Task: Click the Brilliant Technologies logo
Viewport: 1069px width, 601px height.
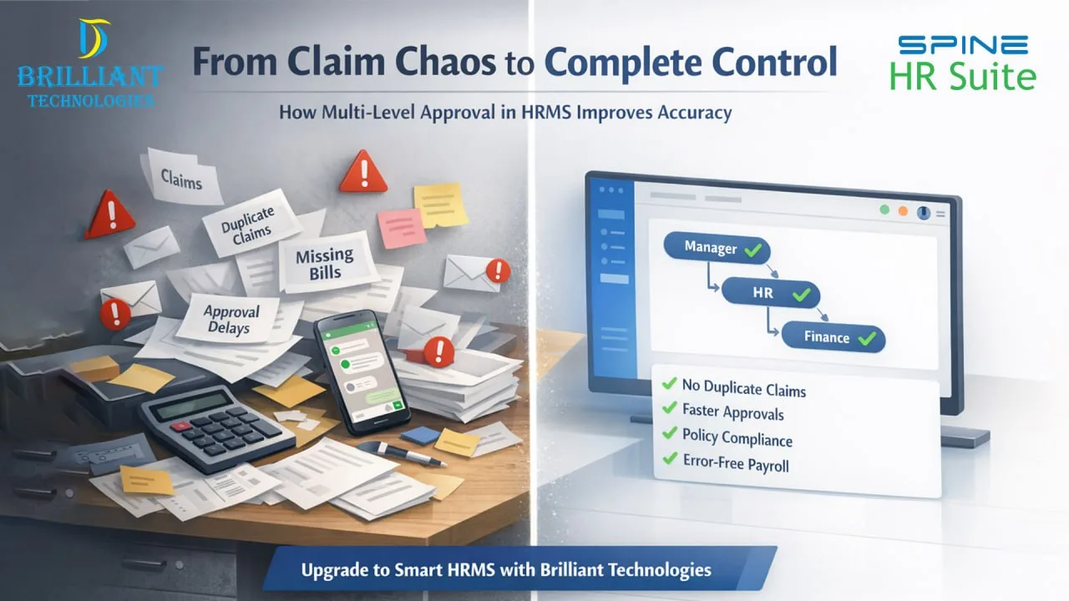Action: [89, 64]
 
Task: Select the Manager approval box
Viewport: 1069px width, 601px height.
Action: [717, 249]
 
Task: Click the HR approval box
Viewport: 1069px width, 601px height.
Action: [770, 294]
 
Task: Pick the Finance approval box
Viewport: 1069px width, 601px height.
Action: [833, 338]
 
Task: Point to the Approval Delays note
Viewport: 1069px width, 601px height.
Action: [231, 319]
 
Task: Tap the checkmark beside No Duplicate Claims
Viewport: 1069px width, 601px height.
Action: [668, 384]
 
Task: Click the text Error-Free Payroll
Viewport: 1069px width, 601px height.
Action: [735, 463]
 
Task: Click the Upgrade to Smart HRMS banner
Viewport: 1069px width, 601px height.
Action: [518, 570]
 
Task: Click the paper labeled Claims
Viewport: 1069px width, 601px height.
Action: [182, 178]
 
